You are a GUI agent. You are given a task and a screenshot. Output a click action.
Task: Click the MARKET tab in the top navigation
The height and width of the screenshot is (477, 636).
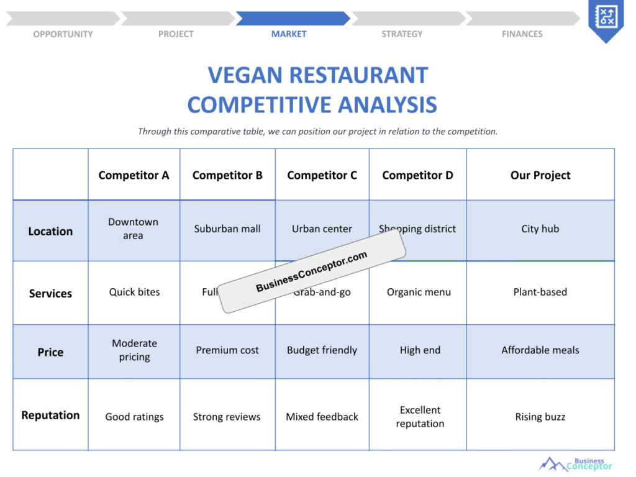(289, 34)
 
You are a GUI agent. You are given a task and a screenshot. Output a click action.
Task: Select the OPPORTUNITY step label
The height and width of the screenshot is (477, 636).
(63, 34)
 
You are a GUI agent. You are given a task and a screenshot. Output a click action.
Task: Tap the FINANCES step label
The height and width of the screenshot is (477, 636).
(522, 34)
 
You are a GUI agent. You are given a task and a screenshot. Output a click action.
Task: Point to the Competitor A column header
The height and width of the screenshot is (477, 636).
(134, 175)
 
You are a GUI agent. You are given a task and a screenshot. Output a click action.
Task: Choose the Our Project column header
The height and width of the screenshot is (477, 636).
(540, 175)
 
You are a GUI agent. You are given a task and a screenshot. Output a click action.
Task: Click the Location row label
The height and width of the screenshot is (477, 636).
(50, 231)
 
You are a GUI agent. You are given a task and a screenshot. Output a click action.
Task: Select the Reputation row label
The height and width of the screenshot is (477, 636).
(50, 415)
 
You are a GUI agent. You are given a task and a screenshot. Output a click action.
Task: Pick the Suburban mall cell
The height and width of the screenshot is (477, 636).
(227, 229)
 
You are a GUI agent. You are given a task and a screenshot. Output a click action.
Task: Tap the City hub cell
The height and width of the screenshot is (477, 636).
(540, 229)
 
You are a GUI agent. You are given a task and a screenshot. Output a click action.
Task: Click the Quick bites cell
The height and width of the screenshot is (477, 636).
(134, 292)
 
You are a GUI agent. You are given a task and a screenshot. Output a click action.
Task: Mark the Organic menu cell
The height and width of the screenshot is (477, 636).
(419, 292)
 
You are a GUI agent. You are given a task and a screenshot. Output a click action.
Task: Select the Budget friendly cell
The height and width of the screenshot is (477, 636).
(322, 350)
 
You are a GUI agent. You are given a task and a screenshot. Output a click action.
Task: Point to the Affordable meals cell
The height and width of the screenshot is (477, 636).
(540, 350)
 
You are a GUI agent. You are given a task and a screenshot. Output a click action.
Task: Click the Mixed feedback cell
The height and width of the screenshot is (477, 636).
(322, 417)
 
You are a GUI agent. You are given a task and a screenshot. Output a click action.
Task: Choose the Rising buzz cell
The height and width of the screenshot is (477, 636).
(540, 417)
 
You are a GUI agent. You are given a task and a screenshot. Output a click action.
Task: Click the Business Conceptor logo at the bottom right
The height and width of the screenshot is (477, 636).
(576, 464)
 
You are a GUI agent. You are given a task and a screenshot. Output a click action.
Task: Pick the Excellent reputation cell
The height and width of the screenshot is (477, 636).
(420, 417)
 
